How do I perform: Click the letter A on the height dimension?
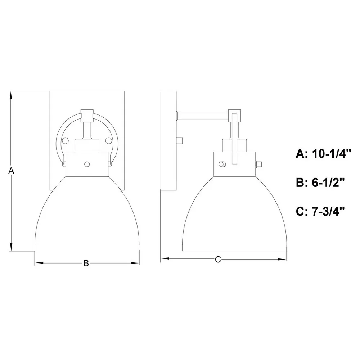click(x=11, y=171)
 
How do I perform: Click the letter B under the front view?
click(x=86, y=263)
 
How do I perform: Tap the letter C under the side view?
click(x=218, y=260)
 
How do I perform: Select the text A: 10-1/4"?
click(x=324, y=154)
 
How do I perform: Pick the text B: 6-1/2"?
click(x=320, y=183)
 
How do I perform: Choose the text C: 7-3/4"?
click(x=320, y=211)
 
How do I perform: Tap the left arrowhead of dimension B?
click(x=39, y=263)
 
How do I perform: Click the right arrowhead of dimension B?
click(x=135, y=263)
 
